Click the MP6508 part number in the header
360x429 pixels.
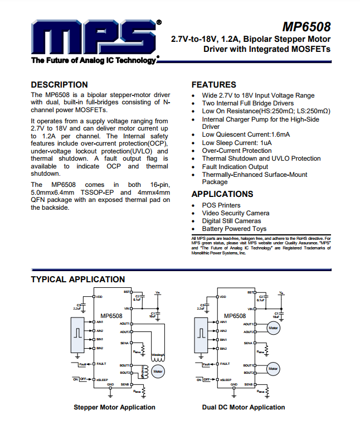coord(306,27)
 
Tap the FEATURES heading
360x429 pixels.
coord(214,85)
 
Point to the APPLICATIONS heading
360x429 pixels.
coord(222,194)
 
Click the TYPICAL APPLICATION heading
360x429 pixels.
coord(77,279)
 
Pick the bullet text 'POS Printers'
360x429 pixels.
coord(221,205)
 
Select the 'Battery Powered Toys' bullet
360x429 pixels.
coord(234,229)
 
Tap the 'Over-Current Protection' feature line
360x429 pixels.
coord(237,151)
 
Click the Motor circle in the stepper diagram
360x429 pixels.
coord(158,371)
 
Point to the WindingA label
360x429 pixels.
coord(158,354)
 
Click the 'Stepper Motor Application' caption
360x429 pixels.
coord(114,407)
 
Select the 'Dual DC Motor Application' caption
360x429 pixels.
coord(243,407)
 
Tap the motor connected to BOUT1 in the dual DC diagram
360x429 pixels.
coord(273,368)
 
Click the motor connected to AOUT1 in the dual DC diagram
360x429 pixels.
coord(273,328)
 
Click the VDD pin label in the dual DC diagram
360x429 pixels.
coord(223,297)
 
